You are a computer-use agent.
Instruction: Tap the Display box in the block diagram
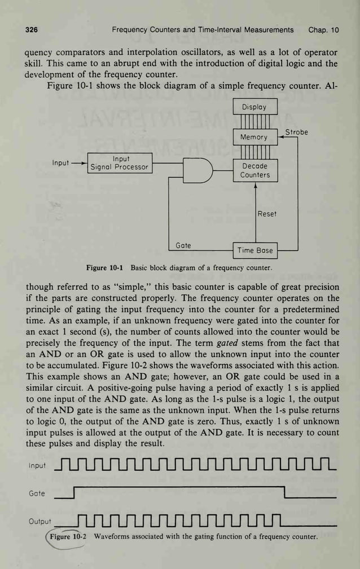point(255,107)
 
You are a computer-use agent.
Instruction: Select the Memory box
point(255,137)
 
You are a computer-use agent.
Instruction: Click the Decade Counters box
point(255,171)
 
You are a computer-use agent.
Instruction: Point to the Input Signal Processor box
point(120,163)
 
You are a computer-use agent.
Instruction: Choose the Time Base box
point(255,250)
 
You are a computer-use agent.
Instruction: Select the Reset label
point(267,214)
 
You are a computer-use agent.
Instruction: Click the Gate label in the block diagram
point(183,245)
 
